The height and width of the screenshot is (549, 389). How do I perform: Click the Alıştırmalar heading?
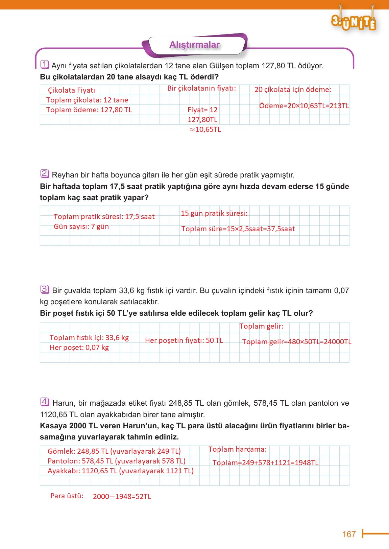click(194, 45)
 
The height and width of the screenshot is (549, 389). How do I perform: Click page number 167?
click(349, 534)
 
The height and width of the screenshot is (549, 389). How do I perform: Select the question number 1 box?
click(45, 65)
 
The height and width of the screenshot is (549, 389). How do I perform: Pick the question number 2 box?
click(45, 174)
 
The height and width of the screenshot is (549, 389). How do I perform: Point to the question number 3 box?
click(45, 289)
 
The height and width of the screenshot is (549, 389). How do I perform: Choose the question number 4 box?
click(45, 402)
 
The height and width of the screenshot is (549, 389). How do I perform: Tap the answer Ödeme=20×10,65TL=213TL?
click(304, 105)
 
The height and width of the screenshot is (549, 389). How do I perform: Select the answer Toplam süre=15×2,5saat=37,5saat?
click(238, 229)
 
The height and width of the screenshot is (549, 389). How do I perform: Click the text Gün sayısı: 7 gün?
click(81, 226)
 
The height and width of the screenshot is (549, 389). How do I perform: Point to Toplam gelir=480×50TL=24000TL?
click(297, 342)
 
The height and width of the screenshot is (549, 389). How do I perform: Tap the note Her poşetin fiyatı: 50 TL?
click(184, 340)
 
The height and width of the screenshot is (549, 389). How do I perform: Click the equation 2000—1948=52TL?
click(122, 497)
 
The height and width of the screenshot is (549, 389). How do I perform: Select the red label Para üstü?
click(67, 496)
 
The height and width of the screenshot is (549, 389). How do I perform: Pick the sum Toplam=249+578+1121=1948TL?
click(265, 463)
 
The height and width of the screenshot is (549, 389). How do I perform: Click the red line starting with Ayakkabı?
click(121, 471)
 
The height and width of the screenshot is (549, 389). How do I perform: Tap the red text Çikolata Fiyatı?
click(71, 90)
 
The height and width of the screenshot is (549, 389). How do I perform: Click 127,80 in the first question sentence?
click(273, 66)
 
